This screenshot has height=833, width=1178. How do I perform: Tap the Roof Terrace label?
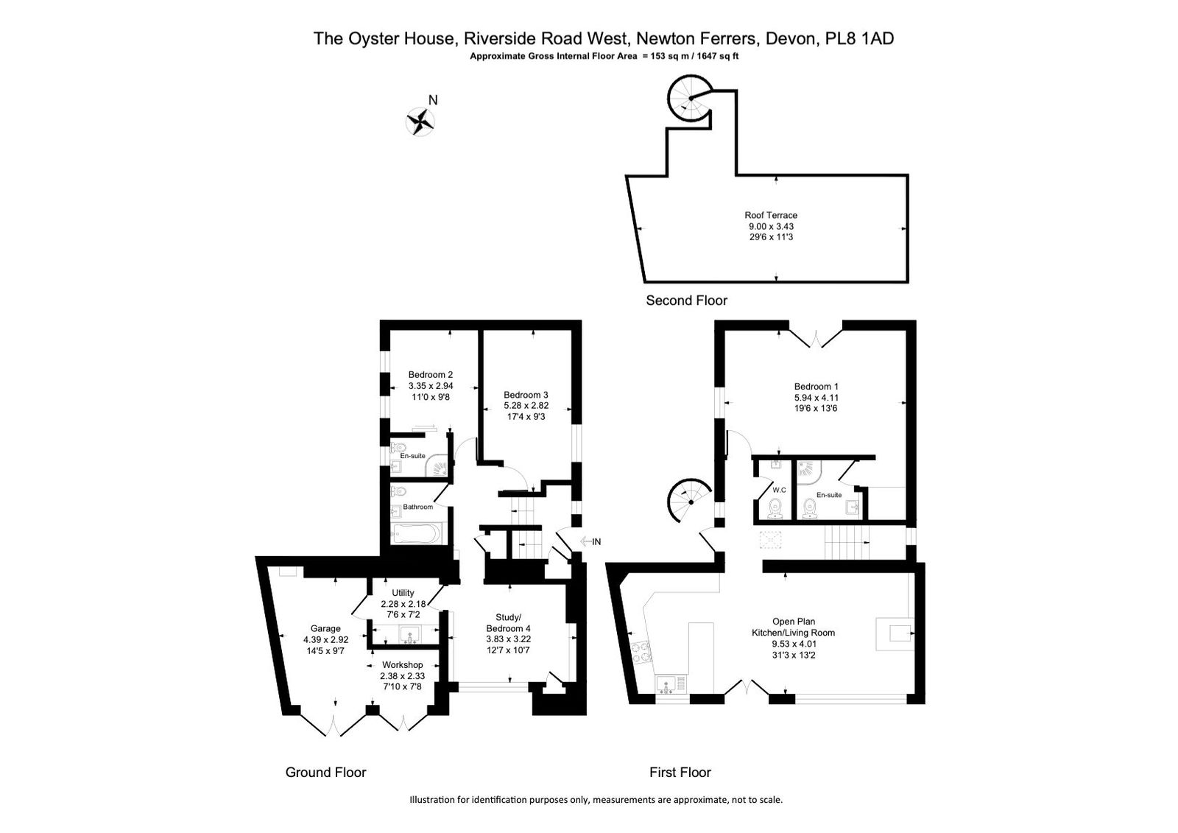(x=771, y=215)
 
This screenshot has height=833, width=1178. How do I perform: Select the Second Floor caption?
(x=686, y=300)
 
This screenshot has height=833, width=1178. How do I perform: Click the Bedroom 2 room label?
(x=430, y=375)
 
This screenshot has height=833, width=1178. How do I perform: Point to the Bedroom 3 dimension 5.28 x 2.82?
(x=526, y=406)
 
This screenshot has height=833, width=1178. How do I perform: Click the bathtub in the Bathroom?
(x=417, y=534)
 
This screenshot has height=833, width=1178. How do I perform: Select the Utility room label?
(x=403, y=592)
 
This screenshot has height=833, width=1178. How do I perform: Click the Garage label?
(x=325, y=628)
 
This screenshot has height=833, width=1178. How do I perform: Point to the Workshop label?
(x=402, y=664)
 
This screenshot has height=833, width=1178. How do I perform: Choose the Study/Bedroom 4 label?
(x=508, y=623)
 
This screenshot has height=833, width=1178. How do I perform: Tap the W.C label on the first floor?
(x=779, y=490)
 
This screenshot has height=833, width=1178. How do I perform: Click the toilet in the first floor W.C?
(x=775, y=509)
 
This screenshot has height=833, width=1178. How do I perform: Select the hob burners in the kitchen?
(x=641, y=652)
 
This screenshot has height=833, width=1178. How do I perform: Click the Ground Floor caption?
(x=325, y=773)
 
